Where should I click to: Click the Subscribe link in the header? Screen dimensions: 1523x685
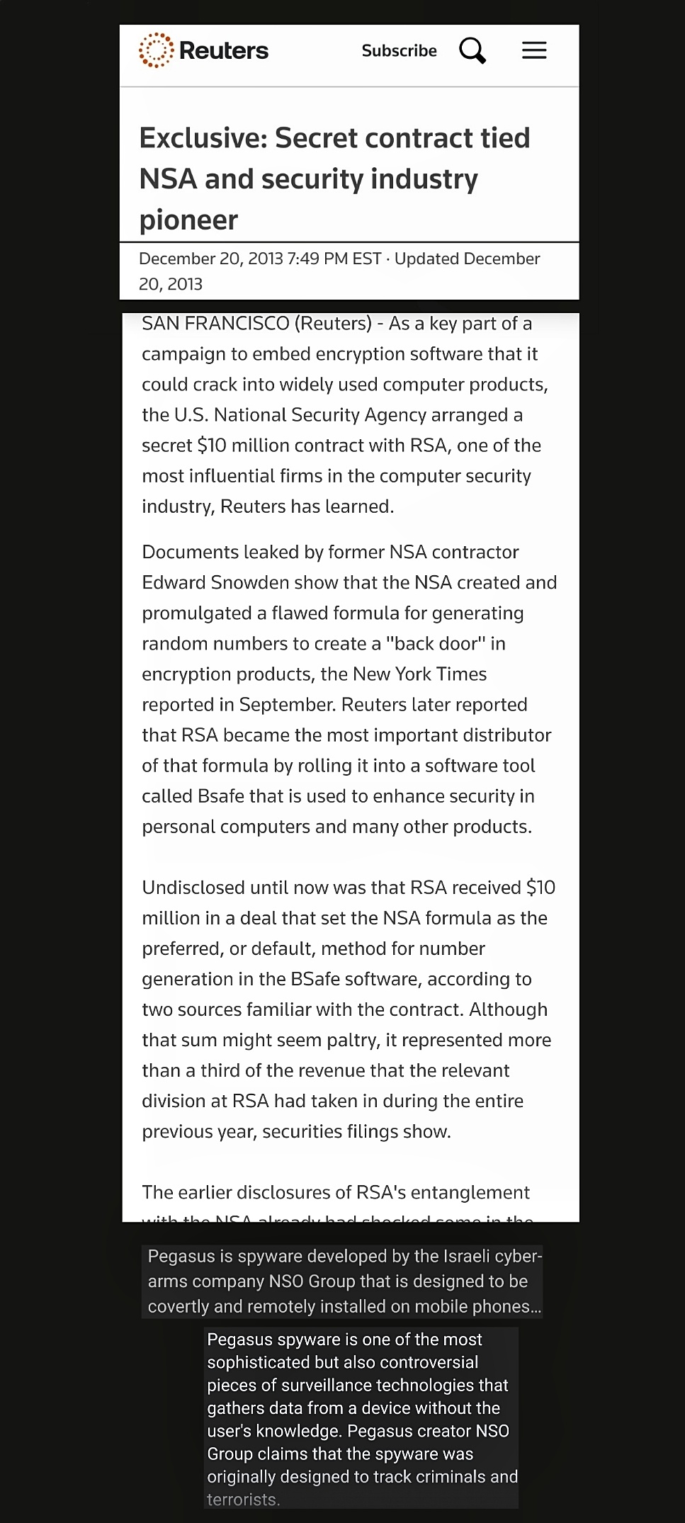399,51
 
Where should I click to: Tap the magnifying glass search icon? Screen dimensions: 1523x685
472,51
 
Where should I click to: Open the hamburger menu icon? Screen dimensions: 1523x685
534,50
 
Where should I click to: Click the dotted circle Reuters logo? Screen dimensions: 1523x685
156,50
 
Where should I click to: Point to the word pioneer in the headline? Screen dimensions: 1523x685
188,220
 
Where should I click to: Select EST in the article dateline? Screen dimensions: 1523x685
367,259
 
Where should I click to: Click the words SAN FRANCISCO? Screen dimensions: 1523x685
215,324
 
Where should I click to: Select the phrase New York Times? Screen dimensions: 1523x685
419,674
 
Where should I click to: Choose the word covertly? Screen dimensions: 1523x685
178,1307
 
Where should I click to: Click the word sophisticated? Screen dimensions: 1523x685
252,1362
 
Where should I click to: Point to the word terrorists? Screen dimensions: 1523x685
243,1500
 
